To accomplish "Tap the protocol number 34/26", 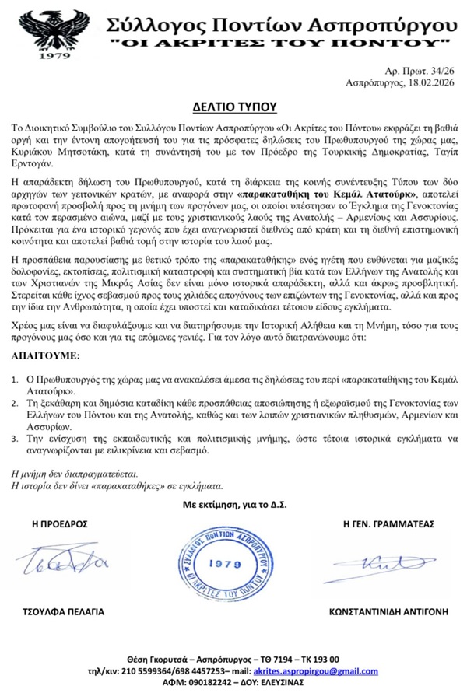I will click(443, 70).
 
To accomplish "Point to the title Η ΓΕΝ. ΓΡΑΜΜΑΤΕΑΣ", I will click(388, 523).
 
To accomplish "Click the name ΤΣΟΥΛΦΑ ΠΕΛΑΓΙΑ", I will click(65, 611).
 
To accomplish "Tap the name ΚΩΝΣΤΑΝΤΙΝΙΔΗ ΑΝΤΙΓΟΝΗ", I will click(388, 611).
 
